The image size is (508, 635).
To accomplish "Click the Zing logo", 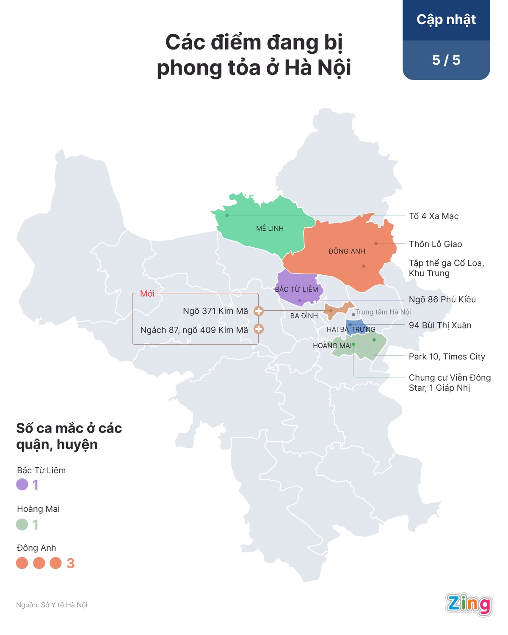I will (x=469, y=604).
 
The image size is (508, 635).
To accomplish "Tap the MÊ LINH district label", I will (x=270, y=229).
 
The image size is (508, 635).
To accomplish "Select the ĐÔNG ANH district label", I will (x=346, y=251).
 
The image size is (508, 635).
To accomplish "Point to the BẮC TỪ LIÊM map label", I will (x=296, y=290).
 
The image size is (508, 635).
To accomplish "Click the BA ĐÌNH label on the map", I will (x=304, y=316).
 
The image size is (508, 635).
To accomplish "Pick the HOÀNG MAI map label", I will (x=332, y=346).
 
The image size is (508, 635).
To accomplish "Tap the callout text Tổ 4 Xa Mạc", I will (x=433, y=216).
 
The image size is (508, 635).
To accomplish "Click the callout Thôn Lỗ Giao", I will (x=435, y=244).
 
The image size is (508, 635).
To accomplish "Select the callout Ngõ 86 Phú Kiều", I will (x=442, y=300).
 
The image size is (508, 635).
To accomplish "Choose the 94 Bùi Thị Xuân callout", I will (x=440, y=326).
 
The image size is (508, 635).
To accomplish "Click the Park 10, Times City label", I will (x=447, y=357).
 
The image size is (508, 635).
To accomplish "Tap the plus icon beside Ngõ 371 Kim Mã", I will (x=258, y=311).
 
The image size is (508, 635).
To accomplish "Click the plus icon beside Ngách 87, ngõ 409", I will (x=258, y=329).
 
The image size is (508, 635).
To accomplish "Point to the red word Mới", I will (x=147, y=294).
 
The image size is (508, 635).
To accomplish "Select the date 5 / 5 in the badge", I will (x=446, y=60).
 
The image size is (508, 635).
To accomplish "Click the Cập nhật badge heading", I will (x=446, y=20).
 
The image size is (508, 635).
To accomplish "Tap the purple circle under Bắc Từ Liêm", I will (x=22, y=484).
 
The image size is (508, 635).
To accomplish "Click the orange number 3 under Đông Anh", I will (x=71, y=563).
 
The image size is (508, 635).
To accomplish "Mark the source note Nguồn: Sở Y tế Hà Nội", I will (x=52, y=605).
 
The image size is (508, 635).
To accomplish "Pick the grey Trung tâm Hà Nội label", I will (x=383, y=312).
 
